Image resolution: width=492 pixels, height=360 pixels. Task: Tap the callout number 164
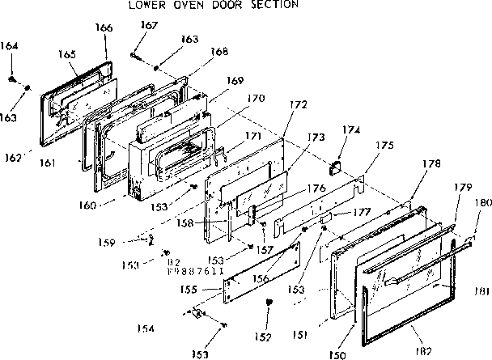pyautogui.click(x=10, y=45)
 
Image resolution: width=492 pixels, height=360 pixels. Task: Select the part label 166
pyautogui.click(x=104, y=28)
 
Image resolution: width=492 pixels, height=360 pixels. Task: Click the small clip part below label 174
pyautogui.click(x=333, y=167)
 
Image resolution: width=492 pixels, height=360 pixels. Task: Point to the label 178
pyautogui.click(x=432, y=164)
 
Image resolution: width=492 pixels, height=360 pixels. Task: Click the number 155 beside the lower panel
pyautogui.click(x=187, y=289)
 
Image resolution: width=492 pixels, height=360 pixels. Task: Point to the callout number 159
pyautogui.click(x=129, y=240)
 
